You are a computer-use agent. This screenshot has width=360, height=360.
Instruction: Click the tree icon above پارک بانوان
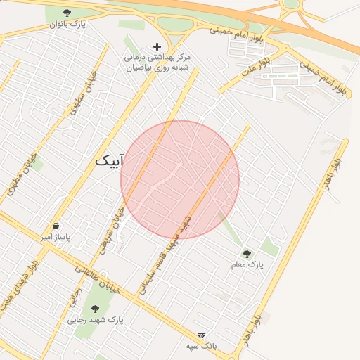pyautogui.click(x=67, y=13)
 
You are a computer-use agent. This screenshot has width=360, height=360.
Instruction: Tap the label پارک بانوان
pyautogui.click(x=67, y=25)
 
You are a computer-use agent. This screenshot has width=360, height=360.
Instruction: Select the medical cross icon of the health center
pyautogui.click(x=157, y=46)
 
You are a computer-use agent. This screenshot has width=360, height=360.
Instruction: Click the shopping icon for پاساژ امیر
pyautogui.click(x=56, y=226)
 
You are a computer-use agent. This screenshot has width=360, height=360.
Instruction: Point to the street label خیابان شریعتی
pyautogui.click(x=111, y=229)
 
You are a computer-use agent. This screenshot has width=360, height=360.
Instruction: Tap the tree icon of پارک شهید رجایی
pyautogui.click(x=95, y=308)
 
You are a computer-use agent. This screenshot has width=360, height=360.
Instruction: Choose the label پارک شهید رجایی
pyautogui.click(x=95, y=320)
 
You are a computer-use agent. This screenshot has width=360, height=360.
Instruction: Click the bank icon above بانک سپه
pyautogui.click(x=202, y=335)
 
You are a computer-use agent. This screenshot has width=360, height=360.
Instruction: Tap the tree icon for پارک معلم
pyautogui.click(x=246, y=253)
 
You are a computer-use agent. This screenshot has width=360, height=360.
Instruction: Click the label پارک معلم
pyautogui.click(x=246, y=265)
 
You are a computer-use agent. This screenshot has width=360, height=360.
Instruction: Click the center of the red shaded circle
pyautogui.click(x=180, y=180)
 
